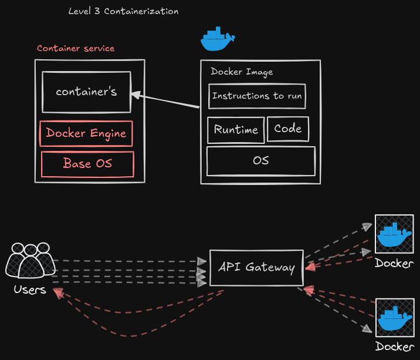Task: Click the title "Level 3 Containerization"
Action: tap(123, 11)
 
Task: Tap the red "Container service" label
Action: tap(76, 48)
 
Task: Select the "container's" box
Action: tap(86, 92)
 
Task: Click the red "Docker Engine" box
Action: tap(86, 133)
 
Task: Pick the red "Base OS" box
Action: tap(87, 164)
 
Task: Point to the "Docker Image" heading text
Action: tap(242, 72)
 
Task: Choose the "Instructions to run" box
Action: tap(257, 96)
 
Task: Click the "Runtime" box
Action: tap(236, 130)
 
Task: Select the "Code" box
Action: tap(288, 129)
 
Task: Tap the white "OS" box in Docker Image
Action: tap(261, 160)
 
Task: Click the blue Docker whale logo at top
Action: tap(217, 39)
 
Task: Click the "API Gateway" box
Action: tap(256, 267)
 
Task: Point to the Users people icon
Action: tap(28, 260)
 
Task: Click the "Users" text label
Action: tap(29, 290)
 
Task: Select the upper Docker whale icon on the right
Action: tap(394, 234)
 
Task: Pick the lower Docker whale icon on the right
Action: tap(394, 318)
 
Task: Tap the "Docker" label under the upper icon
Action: tap(394, 263)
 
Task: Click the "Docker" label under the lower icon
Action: tap(394, 346)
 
